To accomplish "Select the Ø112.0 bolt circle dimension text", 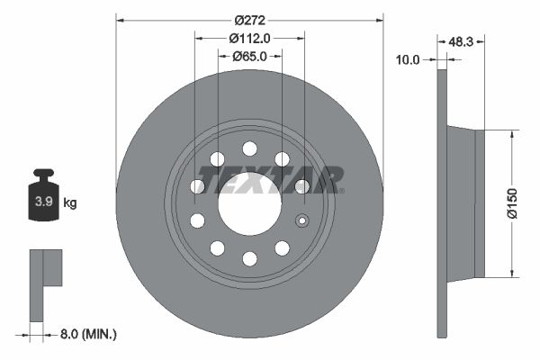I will coord(249,37).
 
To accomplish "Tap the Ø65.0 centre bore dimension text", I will coord(249,56).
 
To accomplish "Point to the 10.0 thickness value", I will coord(408,59).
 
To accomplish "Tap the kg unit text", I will coord(69,202).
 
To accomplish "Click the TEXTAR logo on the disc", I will coord(270,180).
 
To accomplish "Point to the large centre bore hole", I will coord(248,203).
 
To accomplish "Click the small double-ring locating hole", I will coord(302,220).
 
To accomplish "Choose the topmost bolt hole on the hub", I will coord(249,148).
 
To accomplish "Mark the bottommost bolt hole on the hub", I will coord(249,259).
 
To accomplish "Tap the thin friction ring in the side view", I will coord(442,203).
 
